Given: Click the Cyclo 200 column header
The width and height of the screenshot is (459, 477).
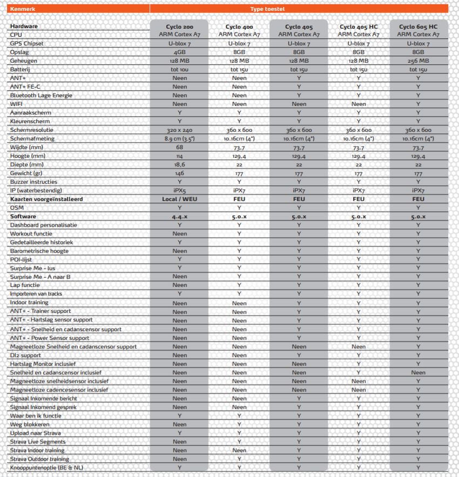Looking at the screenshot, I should [x=179, y=26].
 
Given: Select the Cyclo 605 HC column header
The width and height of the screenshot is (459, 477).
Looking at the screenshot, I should [x=418, y=26].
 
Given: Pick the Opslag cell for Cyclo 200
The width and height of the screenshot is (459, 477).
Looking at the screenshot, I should [x=179, y=52].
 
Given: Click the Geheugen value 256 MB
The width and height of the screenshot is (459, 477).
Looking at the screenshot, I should [x=418, y=61].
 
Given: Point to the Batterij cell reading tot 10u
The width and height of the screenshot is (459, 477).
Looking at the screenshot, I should [x=179, y=69].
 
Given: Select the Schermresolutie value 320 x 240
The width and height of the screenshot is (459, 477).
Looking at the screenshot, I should [x=179, y=130].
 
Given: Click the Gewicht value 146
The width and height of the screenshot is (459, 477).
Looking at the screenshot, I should [x=179, y=173].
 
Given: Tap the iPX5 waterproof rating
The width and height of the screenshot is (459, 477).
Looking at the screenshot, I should [x=179, y=190].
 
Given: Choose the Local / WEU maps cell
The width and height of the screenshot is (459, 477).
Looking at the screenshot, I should [x=179, y=199].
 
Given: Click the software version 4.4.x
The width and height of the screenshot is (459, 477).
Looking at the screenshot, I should [x=179, y=216].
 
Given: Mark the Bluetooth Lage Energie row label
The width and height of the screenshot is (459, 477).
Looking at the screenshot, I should [x=41, y=95].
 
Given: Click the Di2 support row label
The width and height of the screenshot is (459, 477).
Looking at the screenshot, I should [x=25, y=355].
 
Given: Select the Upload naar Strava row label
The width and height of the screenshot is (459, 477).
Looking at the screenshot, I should [x=36, y=433].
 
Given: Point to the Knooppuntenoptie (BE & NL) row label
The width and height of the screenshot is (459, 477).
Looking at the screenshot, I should [x=47, y=467].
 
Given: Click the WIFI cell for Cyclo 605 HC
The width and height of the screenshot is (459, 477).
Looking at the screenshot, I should [x=418, y=104].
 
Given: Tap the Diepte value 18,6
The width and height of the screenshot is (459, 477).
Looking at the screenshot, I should [x=179, y=164].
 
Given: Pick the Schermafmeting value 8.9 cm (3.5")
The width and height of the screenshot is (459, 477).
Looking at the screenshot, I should [x=179, y=138].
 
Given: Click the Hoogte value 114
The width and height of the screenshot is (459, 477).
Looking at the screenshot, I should [x=179, y=156].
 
